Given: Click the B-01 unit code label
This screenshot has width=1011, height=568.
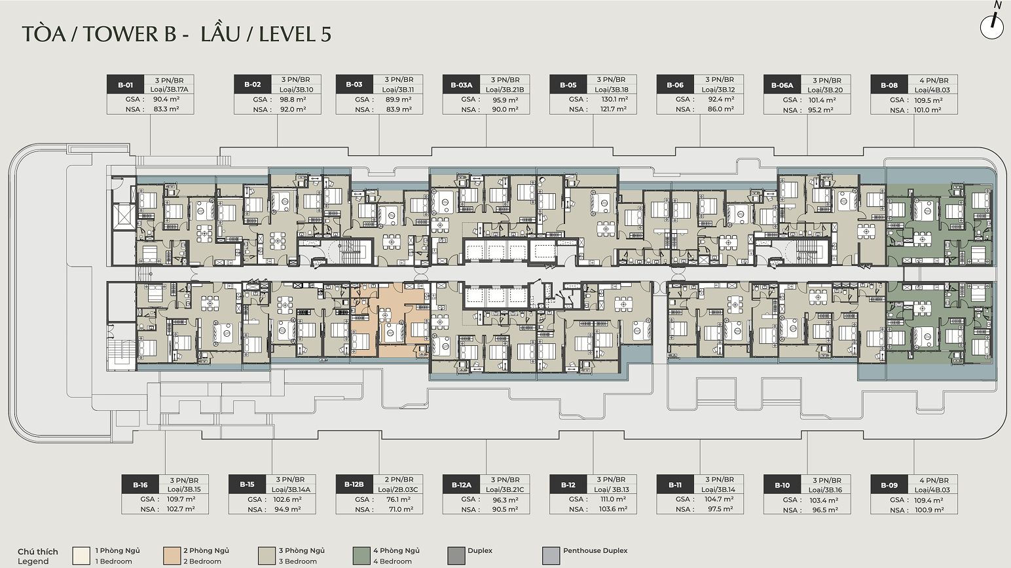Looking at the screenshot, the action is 126,85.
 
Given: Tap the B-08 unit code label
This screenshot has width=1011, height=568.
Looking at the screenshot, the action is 889,85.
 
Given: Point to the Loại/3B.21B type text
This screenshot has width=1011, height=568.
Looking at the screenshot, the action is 505,89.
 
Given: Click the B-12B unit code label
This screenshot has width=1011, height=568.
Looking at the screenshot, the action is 354,485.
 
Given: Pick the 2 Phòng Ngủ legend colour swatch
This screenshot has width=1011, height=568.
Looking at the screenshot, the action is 172,556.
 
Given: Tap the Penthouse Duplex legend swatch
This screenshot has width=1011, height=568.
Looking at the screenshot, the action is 551,556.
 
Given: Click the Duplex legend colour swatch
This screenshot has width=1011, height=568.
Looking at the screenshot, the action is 456,556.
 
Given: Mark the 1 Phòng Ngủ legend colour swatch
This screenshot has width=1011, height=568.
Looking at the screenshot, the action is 81,556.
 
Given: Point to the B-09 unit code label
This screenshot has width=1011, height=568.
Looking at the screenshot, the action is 889,485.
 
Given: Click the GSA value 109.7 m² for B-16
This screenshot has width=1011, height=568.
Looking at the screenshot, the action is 181,499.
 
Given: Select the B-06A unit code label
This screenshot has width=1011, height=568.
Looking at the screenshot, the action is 782,85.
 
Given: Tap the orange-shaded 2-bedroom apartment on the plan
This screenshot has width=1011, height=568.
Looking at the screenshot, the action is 390,320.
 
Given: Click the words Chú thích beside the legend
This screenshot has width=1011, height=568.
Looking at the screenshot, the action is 38,552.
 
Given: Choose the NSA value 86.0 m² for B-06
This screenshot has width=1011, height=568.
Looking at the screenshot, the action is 721,109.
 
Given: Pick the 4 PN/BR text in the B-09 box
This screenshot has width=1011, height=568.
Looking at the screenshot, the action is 934,480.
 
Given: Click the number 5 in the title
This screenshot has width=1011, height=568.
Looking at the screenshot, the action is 326,35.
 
